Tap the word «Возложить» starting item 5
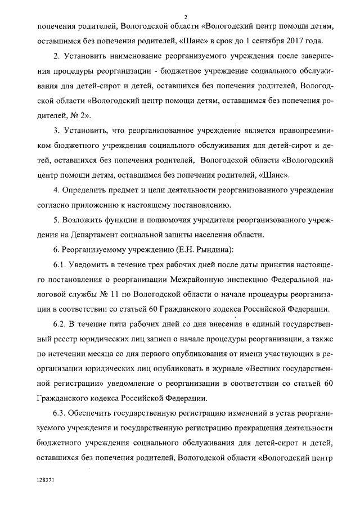tap(86, 219)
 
